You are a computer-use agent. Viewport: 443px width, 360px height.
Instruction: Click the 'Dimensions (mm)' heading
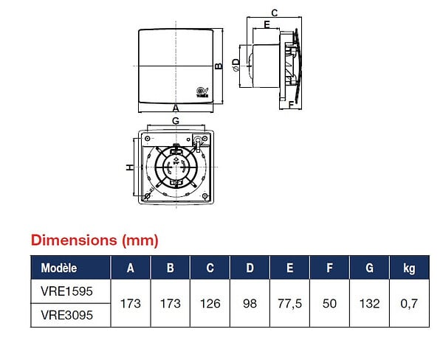95,240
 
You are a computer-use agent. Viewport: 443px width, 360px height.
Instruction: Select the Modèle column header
59,268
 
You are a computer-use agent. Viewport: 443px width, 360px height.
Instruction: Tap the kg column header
409,269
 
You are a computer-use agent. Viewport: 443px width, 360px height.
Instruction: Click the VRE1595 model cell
66,291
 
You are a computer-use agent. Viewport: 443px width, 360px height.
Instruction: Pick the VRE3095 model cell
66,315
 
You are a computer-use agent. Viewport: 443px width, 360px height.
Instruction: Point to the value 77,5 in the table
289,304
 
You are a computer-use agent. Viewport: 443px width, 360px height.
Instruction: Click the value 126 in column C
210,303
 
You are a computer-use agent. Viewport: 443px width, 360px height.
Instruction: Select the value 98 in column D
250,303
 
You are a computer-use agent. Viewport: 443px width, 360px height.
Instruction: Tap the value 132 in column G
369,303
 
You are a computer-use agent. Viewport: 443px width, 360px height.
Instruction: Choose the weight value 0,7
409,304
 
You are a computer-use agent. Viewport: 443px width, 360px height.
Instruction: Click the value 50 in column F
329,303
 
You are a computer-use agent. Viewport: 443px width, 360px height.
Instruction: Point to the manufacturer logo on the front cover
202,92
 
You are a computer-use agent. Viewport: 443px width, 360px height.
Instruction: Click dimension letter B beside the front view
219,66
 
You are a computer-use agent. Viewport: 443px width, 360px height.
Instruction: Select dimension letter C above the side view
275,13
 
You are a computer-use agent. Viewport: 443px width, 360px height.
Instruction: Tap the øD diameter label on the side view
236,65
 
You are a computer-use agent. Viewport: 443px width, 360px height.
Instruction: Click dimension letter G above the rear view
176,121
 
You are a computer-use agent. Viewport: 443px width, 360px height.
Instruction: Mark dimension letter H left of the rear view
129,167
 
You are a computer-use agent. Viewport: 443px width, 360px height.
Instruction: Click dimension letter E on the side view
267,24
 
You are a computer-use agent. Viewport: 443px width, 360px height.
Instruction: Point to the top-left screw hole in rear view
147,139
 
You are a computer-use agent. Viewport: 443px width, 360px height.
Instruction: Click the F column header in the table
329,268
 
